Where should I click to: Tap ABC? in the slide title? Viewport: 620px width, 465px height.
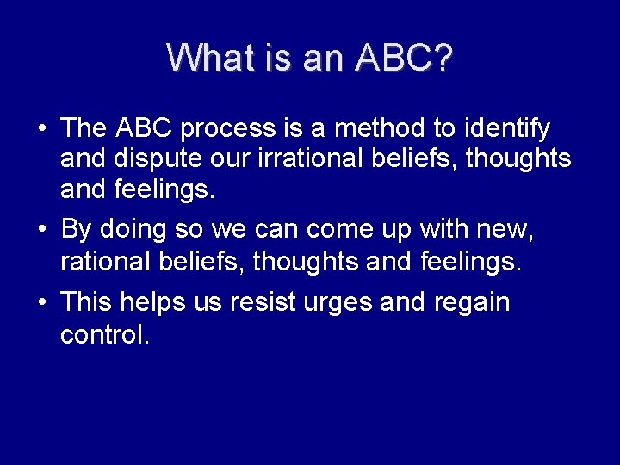pos(404,58)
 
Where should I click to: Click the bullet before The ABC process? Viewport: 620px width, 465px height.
pos(41,130)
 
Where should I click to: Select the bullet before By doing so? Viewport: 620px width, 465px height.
pos(41,230)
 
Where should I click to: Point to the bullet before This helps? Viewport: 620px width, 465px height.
pos(41,303)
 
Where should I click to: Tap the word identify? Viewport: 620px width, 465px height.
pos(506,129)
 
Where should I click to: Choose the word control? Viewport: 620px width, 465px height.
pos(105,334)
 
